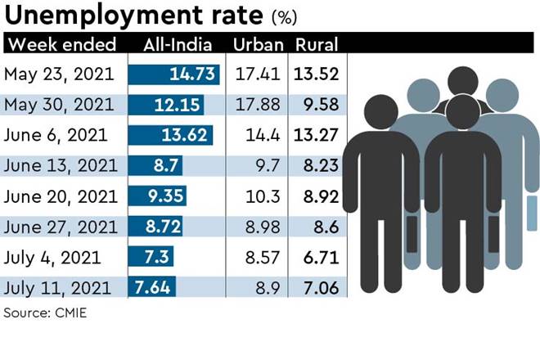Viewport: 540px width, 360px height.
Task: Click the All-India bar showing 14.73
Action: [x=175, y=74]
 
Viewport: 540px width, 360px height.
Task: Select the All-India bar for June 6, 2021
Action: [x=171, y=135]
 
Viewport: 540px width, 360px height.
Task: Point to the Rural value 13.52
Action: [x=317, y=74]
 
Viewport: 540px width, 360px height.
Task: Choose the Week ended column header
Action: [x=61, y=44]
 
